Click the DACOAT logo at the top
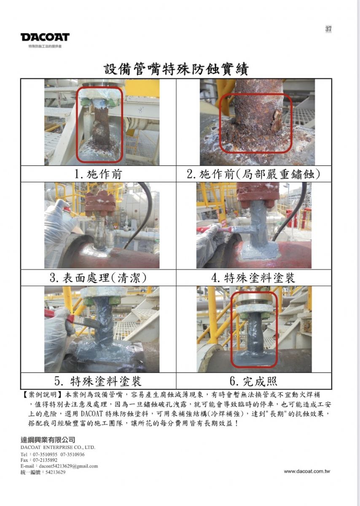(45, 37)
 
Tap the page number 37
(328, 29)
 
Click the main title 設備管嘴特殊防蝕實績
(176, 69)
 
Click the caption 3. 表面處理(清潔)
(98, 277)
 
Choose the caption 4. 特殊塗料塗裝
(254, 277)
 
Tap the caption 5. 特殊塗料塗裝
(98, 381)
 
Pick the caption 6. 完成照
(254, 381)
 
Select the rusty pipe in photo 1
(100, 126)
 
